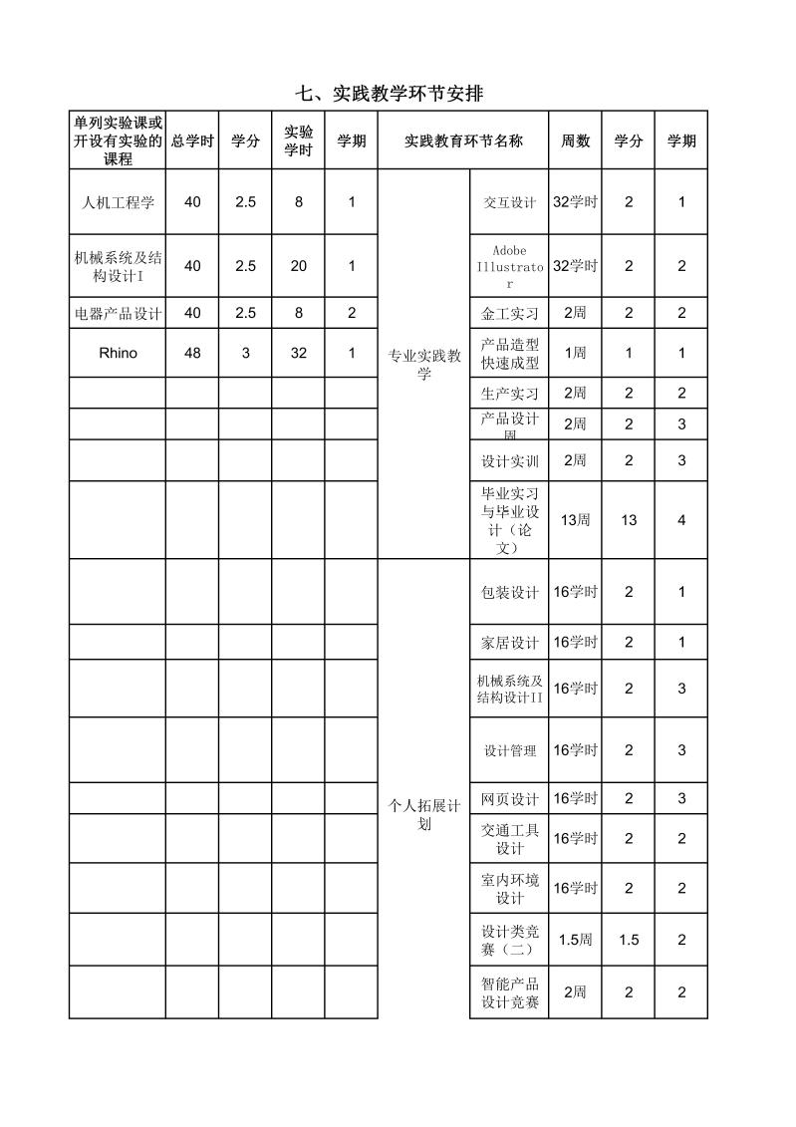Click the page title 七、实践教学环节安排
[x=390, y=94]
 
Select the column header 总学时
[x=192, y=141]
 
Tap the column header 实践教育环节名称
[x=463, y=141]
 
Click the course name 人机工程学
[x=118, y=202]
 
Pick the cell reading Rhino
[x=118, y=353]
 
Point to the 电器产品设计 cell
[x=118, y=313]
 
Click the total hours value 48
[x=192, y=353]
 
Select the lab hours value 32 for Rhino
[x=299, y=353]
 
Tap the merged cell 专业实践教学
[x=424, y=365]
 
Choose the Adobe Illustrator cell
[x=509, y=266]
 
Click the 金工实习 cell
[x=509, y=314]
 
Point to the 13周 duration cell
[x=575, y=520]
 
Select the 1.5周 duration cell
[x=575, y=940]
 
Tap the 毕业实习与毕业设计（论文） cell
[x=509, y=520]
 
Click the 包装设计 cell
[x=509, y=592]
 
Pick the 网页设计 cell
[x=509, y=799]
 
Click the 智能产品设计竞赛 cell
[x=509, y=992]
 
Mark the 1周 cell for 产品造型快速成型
[x=575, y=353]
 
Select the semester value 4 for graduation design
[x=681, y=520]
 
